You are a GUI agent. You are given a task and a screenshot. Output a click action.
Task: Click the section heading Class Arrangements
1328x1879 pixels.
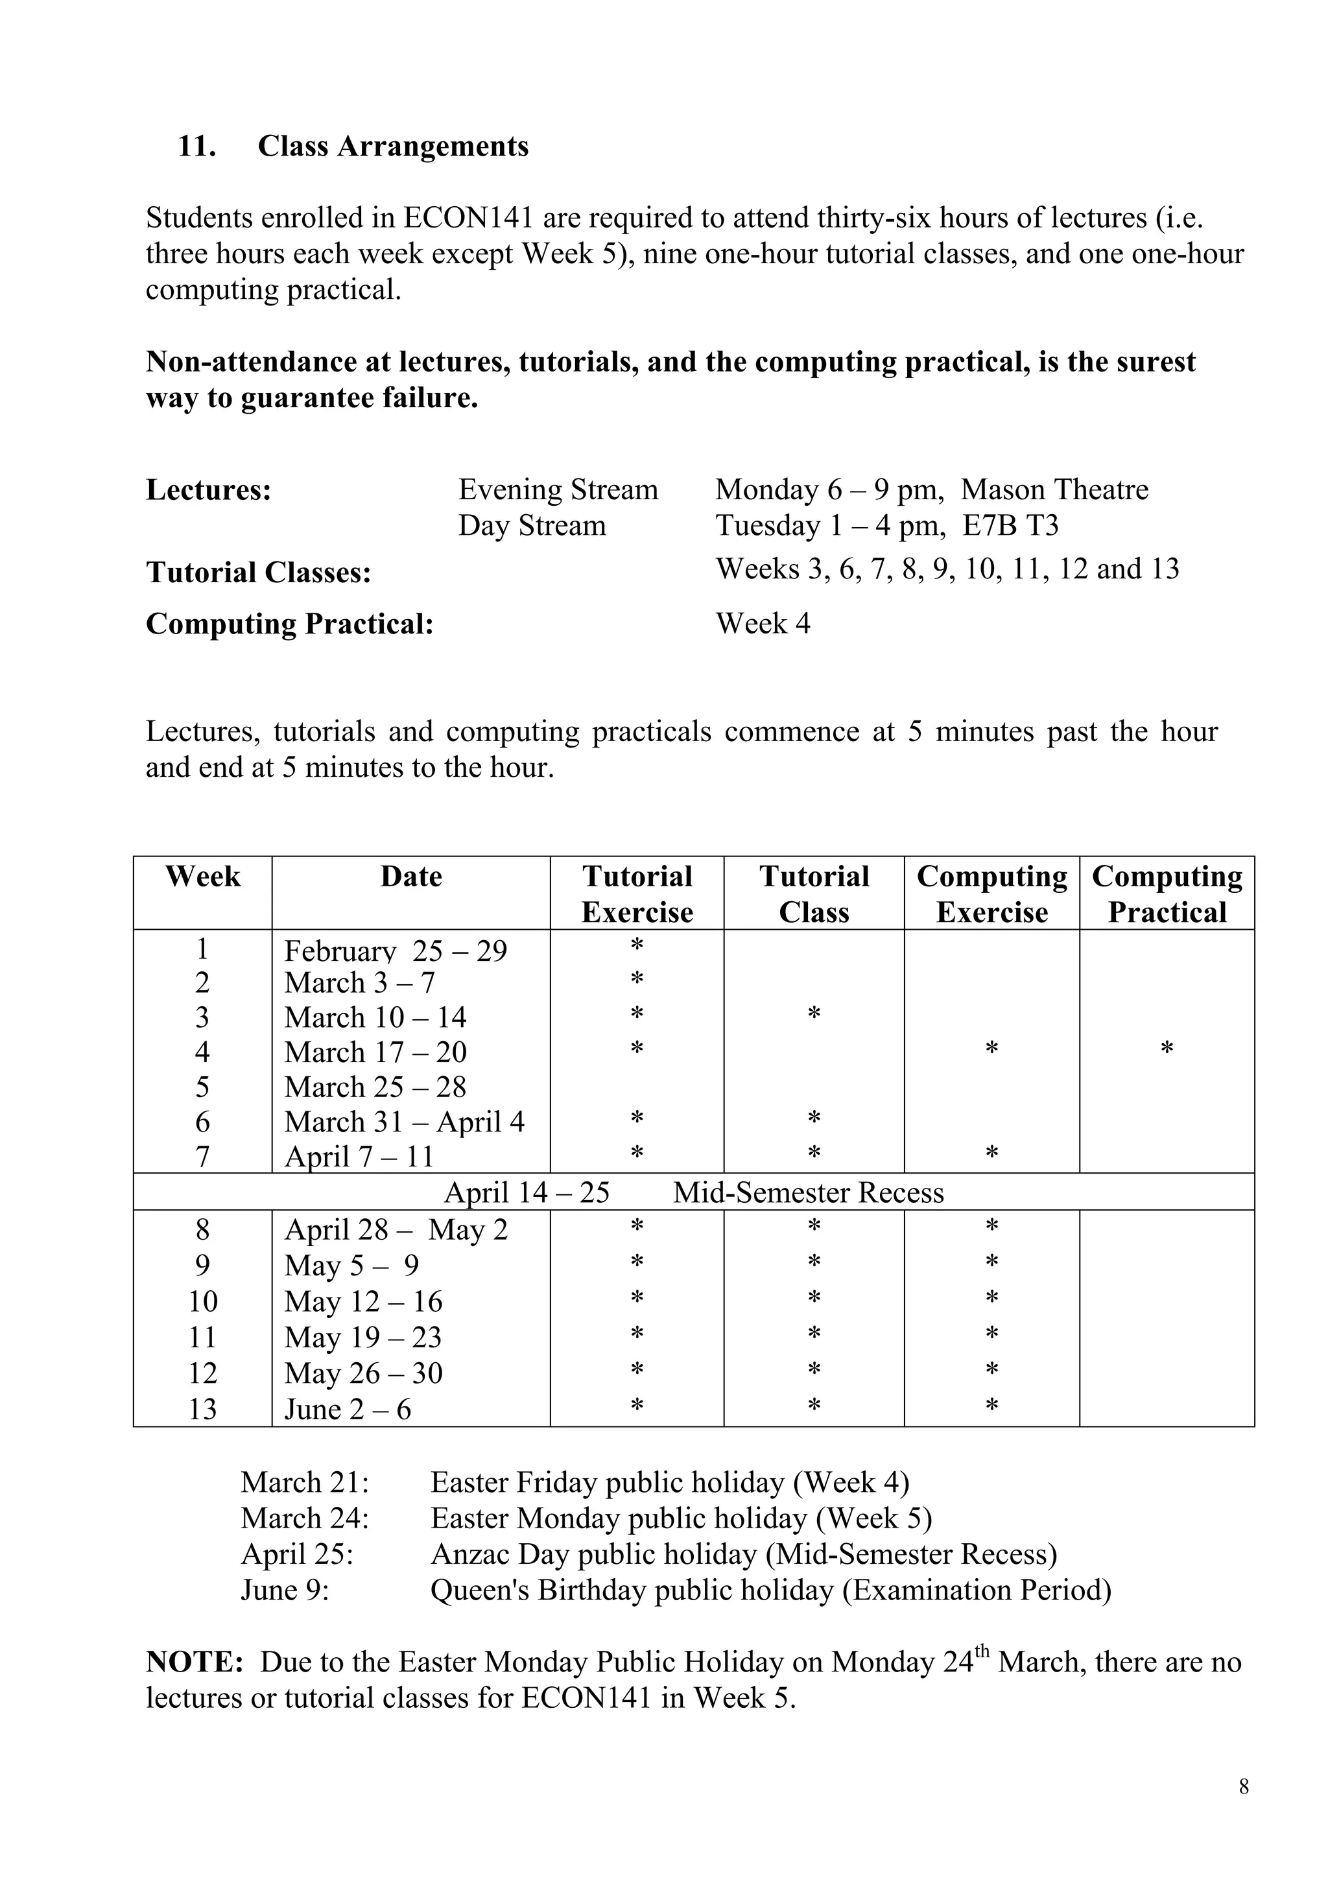point(393,147)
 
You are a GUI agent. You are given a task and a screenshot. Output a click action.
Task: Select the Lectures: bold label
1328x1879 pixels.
point(209,490)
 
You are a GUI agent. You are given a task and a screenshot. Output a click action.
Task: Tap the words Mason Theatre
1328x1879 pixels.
point(1054,490)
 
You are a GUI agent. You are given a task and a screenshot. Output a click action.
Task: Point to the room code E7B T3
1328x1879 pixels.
point(1010,525)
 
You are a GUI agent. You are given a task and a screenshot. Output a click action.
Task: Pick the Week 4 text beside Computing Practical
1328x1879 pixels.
point(763,624)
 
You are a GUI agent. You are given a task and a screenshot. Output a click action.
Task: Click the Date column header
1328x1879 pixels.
point(410,877)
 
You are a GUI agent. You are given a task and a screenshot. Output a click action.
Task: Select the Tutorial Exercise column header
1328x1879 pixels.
point(637,893)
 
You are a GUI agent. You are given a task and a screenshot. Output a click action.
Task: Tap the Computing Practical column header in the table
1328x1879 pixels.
point(1167,893)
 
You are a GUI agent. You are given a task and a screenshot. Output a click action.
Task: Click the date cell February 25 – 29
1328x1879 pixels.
point(395,950)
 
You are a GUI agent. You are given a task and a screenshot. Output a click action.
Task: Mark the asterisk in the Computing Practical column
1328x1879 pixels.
point(1167,1048)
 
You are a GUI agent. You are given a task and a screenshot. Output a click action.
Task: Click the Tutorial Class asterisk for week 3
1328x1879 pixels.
point(813,1014)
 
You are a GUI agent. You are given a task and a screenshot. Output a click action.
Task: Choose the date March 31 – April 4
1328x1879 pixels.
point(404,1121)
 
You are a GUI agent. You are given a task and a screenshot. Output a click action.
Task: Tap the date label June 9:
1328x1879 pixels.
point(285,1590)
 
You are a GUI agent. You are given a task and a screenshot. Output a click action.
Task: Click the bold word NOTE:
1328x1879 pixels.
point(195,1662)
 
